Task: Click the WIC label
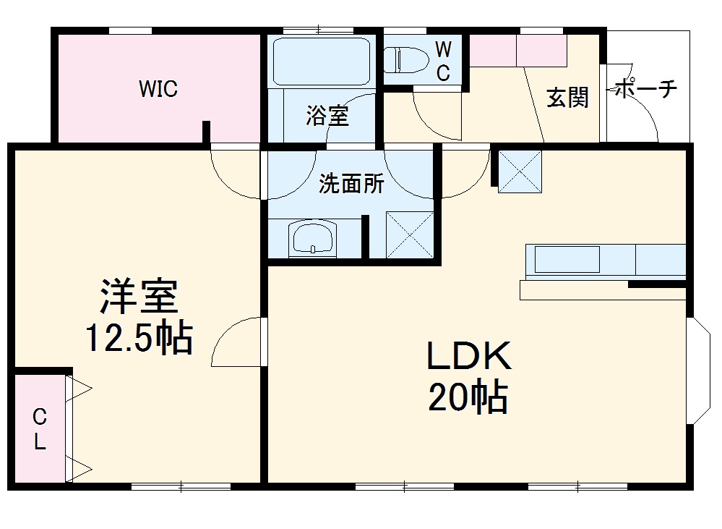[158, 88]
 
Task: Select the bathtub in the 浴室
[322, 62]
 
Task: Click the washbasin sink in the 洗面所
[312, 238]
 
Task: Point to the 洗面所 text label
[351, 184]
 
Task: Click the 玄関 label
[568, 97]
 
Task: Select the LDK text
[469, 355]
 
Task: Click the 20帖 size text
[468, 396]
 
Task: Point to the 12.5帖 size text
[139, 338]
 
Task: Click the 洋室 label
[139, 296]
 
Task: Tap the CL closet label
[40, 429]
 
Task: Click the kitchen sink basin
[567, 259]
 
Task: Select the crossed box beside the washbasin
[410, 234]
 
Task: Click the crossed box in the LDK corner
[520, 172]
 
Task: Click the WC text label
[444, 61]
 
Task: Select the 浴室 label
[327, 115]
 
